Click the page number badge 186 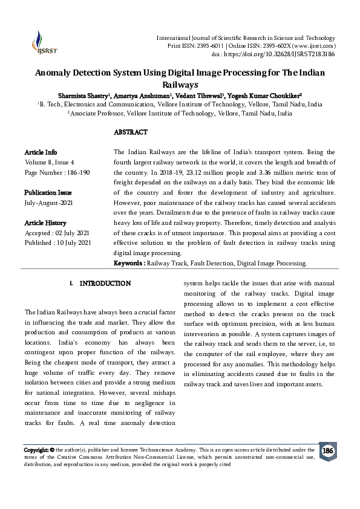[x=327, y=452]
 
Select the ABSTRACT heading [x=130, y=132]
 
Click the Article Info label [x=41, y=152]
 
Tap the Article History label [x=45, y=222]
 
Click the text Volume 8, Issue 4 [x=49, y=162]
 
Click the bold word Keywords [x=128, y=264]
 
